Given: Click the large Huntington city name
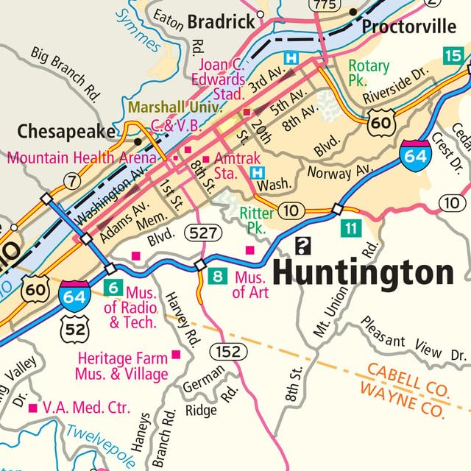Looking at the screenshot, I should tap(363, 273).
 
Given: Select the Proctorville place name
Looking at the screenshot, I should tap(408, 27).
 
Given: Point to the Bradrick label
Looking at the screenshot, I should tap(219, 23).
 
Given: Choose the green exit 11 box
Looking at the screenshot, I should tap(350, 229).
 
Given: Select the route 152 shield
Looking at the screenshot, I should tap(228, 352).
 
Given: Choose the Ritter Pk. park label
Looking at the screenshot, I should tap(258, 219).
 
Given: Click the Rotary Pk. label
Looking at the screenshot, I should tap(368, 72).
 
